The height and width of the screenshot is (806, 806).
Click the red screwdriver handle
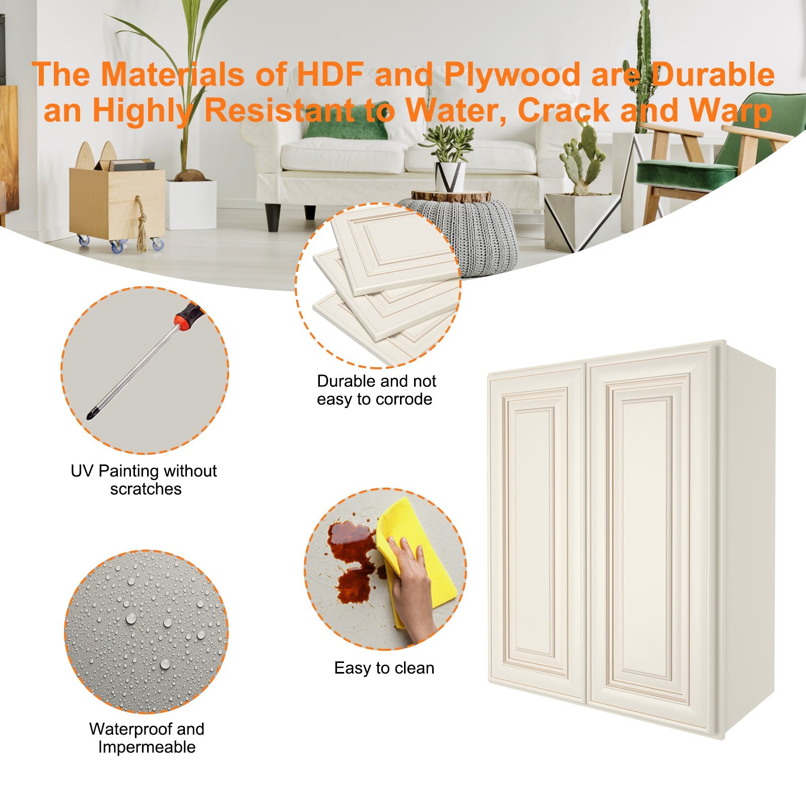click(x=187, y=316)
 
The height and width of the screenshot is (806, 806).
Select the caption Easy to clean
click(x=384, y=668)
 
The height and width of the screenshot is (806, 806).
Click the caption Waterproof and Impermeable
click(x=147, y=738)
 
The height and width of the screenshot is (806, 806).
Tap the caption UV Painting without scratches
click(x=145, y=480)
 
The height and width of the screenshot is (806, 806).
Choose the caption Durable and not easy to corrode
click(x=376, y=390)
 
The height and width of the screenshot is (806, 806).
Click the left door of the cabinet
click(x=536, y=534)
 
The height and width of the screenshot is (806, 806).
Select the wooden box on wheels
click(x=117, y=201)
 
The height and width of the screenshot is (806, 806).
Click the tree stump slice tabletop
click(x=451, y=196)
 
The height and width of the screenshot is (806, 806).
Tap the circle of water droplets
click(x=146, y=632)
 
